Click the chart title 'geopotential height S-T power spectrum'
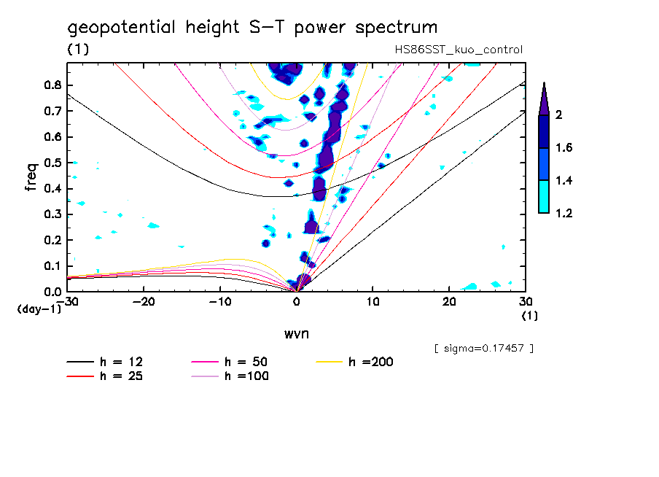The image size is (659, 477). pos(252,28)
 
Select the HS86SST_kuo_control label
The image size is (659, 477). pos(457,50)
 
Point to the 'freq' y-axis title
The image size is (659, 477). pos(31,177)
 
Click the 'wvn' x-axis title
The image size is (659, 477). pos(297,333)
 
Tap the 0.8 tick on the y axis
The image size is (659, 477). pos(52,85)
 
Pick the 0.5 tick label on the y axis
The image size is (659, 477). pos(52,163)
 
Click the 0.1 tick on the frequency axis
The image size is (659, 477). pos(52,265)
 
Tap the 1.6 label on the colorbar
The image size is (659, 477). pos(564,148)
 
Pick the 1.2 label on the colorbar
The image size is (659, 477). pos(564,213)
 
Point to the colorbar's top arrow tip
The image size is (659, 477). pos(543,82)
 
